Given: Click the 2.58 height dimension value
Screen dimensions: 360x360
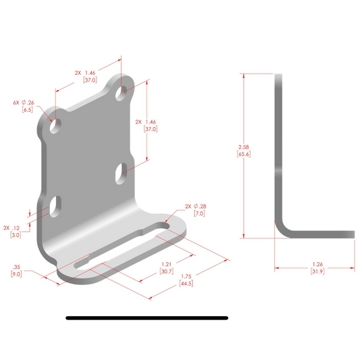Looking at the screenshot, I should click(245, 147).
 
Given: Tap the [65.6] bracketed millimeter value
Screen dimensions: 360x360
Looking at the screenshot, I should click(245, 155).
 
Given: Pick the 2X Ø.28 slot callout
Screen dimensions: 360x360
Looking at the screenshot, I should click(195, 206).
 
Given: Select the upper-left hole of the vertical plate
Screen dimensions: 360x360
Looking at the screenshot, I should click(53, 126).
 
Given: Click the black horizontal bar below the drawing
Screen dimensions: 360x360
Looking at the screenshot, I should click(147, 317).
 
